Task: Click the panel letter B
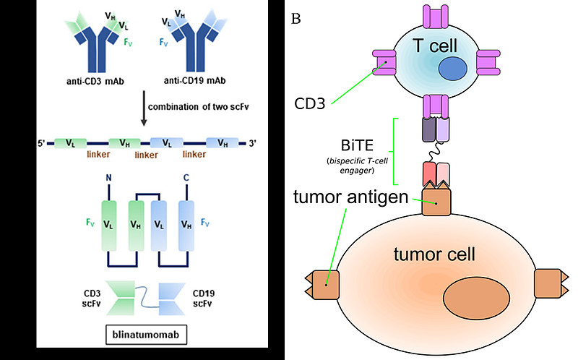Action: click(x=296, y=17)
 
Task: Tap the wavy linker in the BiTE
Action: click(x=435, y=152)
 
